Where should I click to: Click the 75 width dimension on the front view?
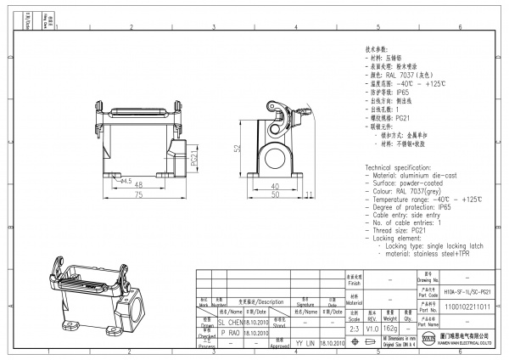[x=137, y=195]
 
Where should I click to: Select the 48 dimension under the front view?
[x=137, y=184]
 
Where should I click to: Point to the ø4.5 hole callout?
[x=125, y=181]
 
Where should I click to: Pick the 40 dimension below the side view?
[x=275, y=185]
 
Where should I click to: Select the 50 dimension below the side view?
[x=275, y=195]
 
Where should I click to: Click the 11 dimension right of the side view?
[x=308, y=195]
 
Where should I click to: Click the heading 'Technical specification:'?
[x=401, y=169]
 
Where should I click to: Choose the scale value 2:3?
[x=354, y=327]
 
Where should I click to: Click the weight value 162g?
[x=390, y=327]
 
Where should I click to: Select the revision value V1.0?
[x=372, y=327]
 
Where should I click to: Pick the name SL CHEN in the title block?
[x=231, y=323]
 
